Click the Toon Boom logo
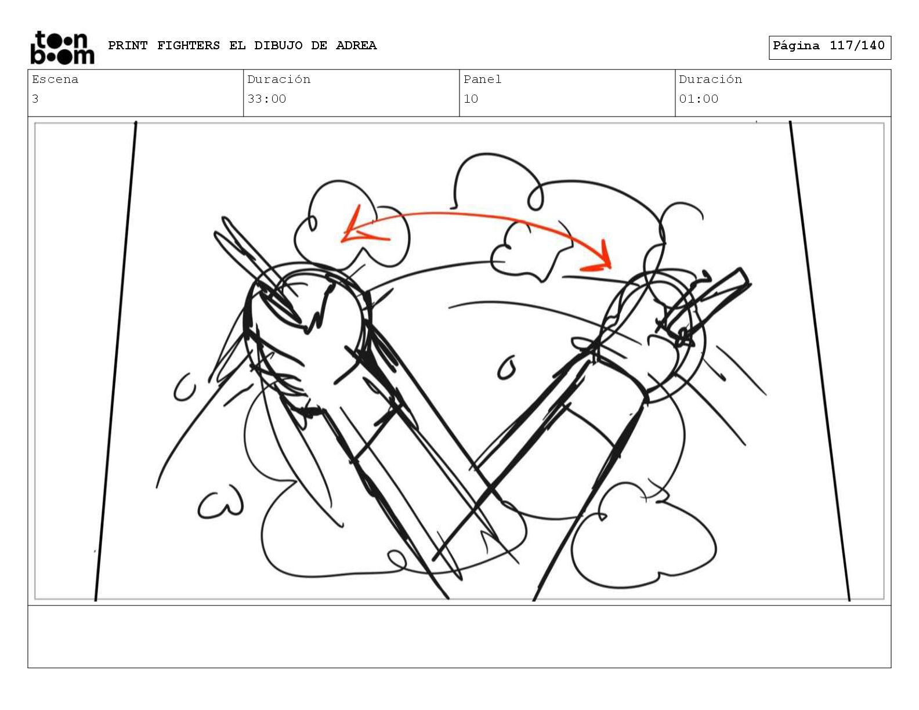tap(63, 48)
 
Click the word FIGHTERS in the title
tap(188, 45)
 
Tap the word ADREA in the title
tap(356, 45)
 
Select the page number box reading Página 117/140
tap(830, 48)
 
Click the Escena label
tap(55, 79)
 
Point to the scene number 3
tap(35, 99)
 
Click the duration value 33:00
tap(266, 99)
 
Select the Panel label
tap(483, 79)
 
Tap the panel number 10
tap(471, 99)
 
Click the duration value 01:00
tap(699, 99)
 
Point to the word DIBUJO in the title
tap(278, 45)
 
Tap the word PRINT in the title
tap(128, 45)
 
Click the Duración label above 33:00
tap(278, 79)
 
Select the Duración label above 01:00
tap(711, 79)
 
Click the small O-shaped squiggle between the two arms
tap(506, 368)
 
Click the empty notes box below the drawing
tap(459, 636)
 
